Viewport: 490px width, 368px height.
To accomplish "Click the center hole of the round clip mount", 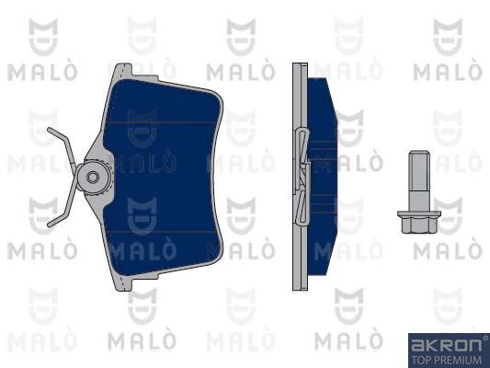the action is (93, 178).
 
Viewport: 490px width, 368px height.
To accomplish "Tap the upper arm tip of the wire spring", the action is (49, 129).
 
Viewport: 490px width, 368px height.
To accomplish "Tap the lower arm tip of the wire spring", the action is (49, 224).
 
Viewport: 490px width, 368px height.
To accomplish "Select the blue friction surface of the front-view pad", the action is (163, 178).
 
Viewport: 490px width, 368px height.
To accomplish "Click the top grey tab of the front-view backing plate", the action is (123, 71).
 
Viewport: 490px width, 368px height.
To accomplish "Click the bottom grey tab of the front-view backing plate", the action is (123, 283).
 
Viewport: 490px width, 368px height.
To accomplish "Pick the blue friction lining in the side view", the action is (322, 177).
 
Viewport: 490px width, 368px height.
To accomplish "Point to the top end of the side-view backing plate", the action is (300, 63).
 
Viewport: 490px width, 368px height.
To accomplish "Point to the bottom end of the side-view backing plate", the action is (300, 290).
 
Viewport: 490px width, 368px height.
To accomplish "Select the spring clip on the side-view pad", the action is (302, 177).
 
